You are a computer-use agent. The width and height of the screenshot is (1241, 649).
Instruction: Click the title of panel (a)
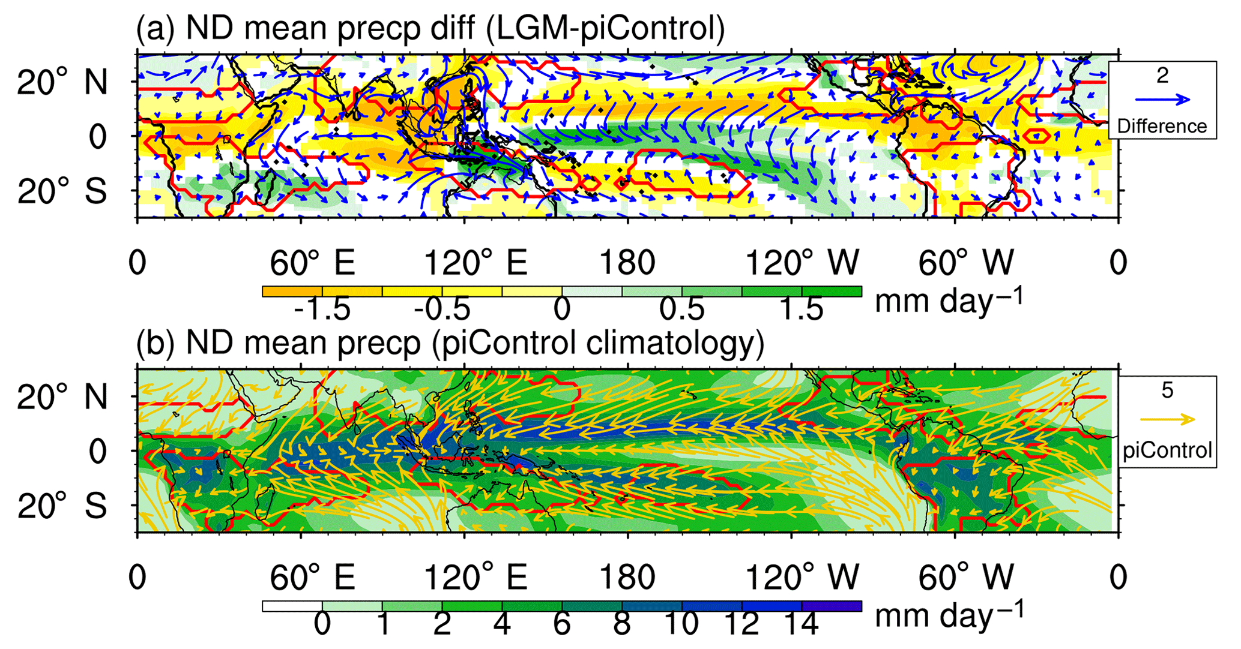430,28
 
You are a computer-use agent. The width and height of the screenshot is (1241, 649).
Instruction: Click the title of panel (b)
450,342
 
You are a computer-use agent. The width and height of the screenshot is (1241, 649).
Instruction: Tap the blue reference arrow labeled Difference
1162,100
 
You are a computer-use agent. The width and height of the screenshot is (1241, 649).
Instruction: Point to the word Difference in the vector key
1162,126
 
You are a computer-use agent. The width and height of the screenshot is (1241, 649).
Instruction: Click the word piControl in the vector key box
1167,449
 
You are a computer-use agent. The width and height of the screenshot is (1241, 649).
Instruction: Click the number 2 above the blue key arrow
1162,76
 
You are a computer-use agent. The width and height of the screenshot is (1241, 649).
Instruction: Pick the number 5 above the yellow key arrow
1167,390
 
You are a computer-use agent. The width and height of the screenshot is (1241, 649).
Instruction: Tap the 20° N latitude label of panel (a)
62,82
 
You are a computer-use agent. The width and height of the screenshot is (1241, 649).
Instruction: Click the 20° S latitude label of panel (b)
62,507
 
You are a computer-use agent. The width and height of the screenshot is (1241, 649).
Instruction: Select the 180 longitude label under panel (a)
627,263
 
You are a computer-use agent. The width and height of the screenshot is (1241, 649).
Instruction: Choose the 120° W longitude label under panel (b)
802,578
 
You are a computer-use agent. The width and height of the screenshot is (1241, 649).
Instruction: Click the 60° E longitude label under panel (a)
312,263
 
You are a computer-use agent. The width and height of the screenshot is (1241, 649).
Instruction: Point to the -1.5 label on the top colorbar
322,310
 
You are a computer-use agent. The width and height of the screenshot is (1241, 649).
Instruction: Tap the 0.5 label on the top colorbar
681,310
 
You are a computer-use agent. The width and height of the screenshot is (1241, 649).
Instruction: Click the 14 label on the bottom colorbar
802,624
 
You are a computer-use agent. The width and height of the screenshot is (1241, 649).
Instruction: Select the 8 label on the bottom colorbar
622,624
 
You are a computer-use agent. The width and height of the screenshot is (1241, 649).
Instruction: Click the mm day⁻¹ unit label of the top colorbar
949,300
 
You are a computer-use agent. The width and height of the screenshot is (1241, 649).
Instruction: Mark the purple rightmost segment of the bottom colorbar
832,606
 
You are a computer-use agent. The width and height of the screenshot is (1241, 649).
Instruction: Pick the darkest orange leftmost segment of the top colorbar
292,292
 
